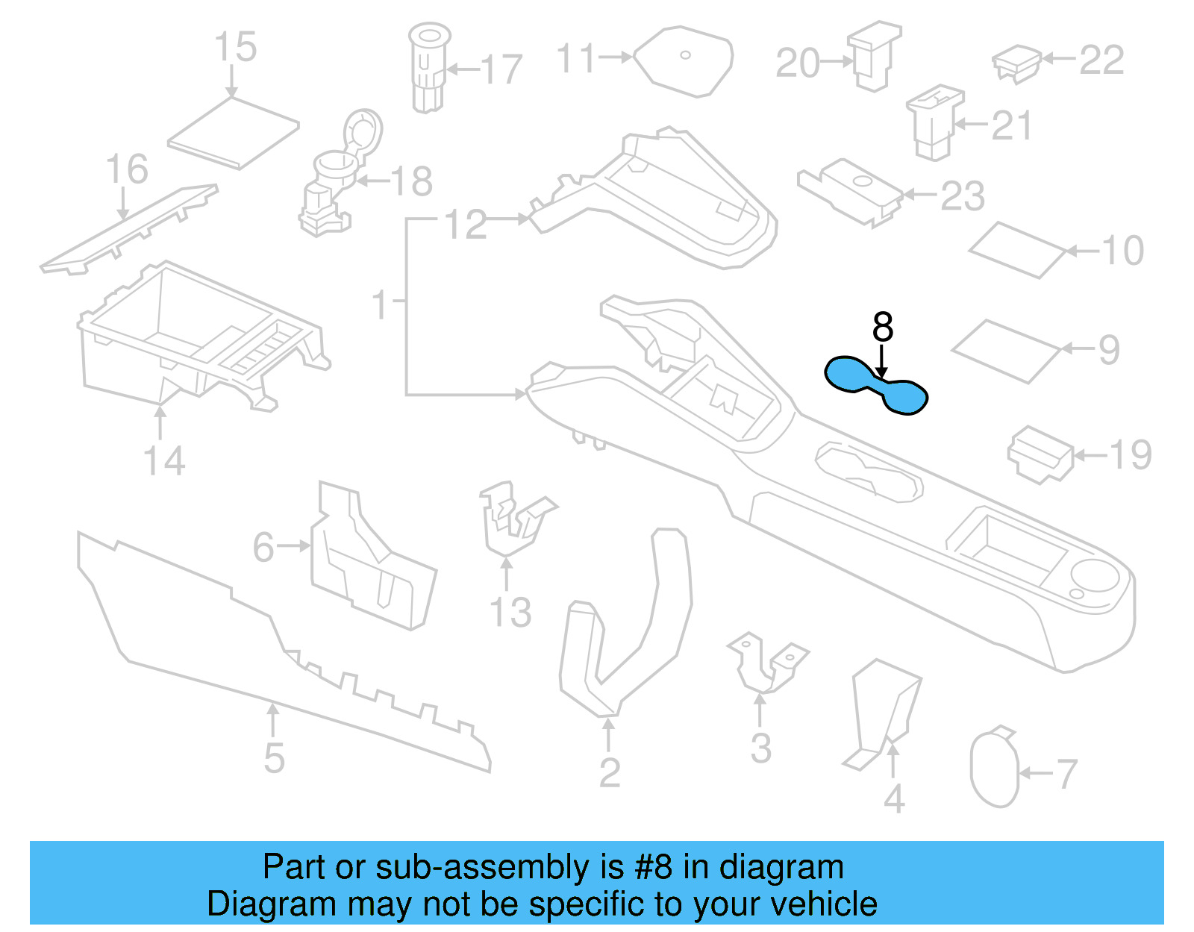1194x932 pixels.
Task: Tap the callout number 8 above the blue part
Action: coord(882,327)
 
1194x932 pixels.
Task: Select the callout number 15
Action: coord(235,47)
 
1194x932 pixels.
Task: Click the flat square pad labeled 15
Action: coord(233,132)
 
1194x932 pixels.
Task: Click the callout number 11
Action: coord(577,58)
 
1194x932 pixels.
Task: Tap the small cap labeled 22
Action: coord(1016,63)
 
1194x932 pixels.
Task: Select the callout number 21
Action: coord(1011,125)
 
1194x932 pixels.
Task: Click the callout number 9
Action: coord(1109,349)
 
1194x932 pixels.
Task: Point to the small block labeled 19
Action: coord(1040,453)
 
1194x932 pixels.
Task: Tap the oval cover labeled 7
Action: coord(994,769)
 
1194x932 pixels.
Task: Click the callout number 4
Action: coord(894,798)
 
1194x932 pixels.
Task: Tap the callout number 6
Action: coord(263,547)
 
